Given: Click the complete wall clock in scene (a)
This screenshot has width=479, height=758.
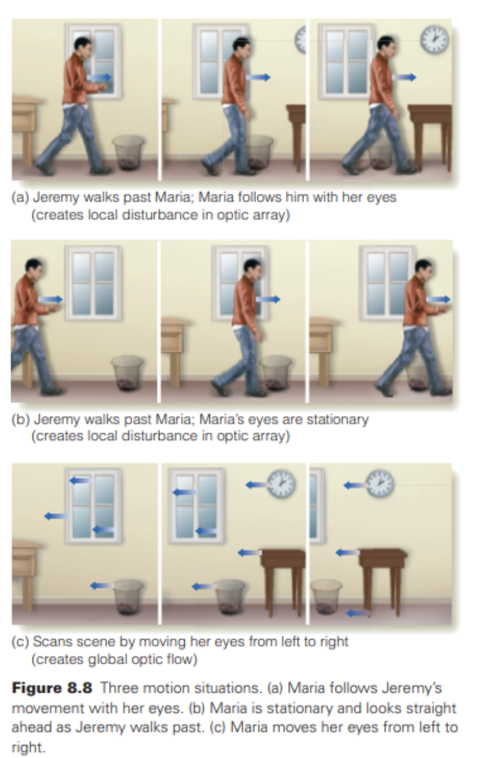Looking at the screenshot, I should click(435, 39).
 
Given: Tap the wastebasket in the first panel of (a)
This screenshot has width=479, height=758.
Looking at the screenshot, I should click(129, 152).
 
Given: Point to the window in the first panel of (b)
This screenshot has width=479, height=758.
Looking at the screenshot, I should click(93, 283).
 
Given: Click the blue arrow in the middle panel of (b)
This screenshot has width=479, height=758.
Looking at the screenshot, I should click(269, 300).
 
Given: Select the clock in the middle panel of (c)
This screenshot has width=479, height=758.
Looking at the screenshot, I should click(281, 483).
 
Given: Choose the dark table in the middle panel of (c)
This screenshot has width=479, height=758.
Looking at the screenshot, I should click(283, 576).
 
